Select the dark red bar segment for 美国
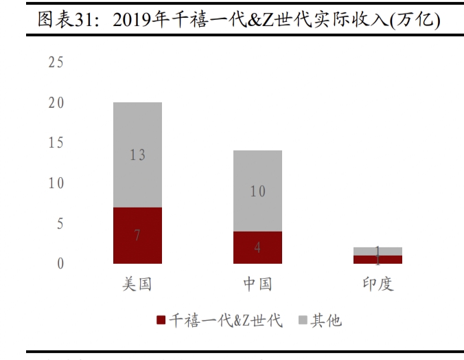(x=137, y=236)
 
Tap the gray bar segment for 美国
(x=137, y=155)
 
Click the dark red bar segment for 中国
(x=257, y=247)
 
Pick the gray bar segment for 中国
(x=257, y=191)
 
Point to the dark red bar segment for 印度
(x=378, y=260)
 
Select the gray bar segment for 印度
(x=378, y=251)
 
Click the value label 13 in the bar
(x=137, y=155)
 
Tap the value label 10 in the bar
(x=257, y=192)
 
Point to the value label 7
(x=137, y=236)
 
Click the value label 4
(x=257, y=248)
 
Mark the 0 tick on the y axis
(x=60, y=264)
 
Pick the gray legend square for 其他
(x=303, y=321)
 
